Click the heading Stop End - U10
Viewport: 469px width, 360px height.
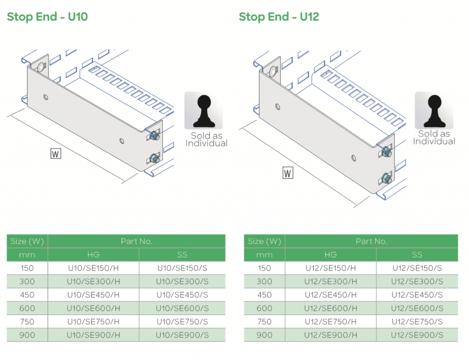tap(47, 17)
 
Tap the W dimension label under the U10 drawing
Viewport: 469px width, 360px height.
tap(55, 153)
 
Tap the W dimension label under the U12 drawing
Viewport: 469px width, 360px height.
tap(288, 173)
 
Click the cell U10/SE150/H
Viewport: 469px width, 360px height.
tap(93, 268)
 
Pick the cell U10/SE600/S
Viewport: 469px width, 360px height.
tap(182, 308)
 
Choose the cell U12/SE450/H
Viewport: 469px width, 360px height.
tap(330, 295)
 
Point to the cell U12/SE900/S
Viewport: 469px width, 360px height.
tap(417, 335)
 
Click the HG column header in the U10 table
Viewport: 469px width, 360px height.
tap(93, 255)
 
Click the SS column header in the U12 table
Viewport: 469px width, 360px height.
tap(417, 255)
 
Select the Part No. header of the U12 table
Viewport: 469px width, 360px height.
tap(371, 241)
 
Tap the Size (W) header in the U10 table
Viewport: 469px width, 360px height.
tap(27, 241)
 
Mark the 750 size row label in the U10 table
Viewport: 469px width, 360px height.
tap(27, 322)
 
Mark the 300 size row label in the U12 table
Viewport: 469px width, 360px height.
tap(264, 281)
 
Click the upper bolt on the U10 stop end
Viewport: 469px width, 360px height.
tap(154, 136)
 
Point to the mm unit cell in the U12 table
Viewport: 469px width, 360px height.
tap(264, 255)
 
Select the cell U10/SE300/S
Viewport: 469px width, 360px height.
tap(182, 281)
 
